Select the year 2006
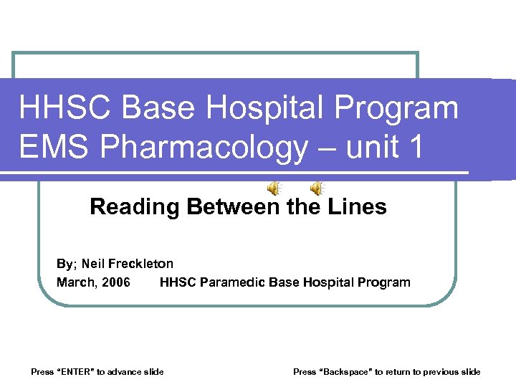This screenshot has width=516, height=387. [116, 282]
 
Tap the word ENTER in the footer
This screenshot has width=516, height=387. [75, 371]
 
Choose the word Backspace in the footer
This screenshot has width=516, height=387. [349, 371]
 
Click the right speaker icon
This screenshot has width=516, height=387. [317, 188]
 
